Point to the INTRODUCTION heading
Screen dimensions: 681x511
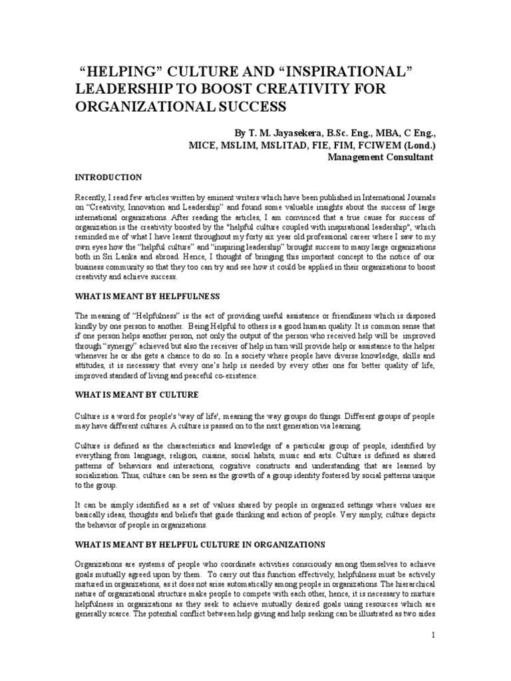[x=107, y=178]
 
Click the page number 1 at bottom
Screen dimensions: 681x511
[x=433, y=635]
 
